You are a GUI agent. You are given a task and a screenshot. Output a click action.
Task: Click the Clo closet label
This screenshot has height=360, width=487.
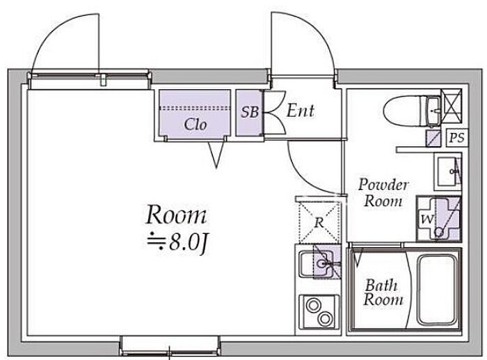click(x=195, y=125)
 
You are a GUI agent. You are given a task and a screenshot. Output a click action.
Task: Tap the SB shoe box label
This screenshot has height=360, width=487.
click(x=250, y=112)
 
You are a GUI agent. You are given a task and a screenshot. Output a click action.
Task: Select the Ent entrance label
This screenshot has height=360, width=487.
click(x=300, y=111)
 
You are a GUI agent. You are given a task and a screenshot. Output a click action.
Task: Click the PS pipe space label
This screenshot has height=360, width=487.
click(x=457, y=137)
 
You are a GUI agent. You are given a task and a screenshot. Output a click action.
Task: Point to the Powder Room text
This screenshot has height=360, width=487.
click(x=383, y=193)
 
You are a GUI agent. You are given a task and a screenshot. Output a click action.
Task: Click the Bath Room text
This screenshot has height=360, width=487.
click(x=383, y=292)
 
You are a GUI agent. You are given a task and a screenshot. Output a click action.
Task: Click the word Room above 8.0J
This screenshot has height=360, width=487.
click(x=176, y=214)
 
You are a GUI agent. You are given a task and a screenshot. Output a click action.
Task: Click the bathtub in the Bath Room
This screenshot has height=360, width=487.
click(x=438, y=290)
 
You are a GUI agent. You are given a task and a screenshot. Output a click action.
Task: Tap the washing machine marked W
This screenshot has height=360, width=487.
click(x=438, y=219)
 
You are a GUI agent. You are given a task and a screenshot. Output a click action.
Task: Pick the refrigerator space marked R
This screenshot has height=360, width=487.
click(x=319, y=222)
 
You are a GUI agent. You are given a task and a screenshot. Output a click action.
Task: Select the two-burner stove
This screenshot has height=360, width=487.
click(x=319, y=311)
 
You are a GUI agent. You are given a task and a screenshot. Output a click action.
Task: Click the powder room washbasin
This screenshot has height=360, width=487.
click(x=449, y=171)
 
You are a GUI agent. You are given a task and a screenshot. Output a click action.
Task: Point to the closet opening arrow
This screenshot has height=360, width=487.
click(x=216, y=154)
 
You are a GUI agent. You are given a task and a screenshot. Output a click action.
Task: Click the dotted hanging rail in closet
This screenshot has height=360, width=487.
click(x=195, y=109)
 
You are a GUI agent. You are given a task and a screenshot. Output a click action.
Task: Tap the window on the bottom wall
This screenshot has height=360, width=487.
click(x=170, y=346)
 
